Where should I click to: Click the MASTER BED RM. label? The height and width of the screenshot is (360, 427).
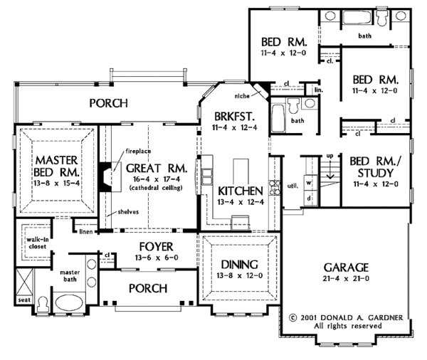point(57,166)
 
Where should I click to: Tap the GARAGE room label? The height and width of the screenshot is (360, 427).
point(346,268)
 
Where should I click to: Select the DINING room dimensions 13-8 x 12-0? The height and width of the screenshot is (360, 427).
point(240,275)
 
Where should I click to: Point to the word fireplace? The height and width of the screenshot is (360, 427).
point(138,151)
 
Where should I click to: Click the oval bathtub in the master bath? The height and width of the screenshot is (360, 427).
point(69,302)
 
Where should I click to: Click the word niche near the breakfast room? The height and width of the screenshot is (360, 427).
point(242,96)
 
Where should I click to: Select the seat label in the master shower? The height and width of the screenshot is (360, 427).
point(24,300)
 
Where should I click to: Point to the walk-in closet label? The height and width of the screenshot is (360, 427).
point(38,243)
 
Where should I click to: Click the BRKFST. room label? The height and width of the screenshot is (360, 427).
point(234,117)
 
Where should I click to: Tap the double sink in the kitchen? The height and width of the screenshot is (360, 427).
point(207,177)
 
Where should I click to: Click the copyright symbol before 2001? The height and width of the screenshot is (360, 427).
point(292,318)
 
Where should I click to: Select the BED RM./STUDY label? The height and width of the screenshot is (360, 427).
point(376,167)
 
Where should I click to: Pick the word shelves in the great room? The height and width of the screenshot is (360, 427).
point(128,211)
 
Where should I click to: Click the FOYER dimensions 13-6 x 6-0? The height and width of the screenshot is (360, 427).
point(157,258)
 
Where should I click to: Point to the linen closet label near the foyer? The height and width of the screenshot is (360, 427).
point(86,232)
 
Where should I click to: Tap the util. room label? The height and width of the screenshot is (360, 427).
point(292,186)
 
